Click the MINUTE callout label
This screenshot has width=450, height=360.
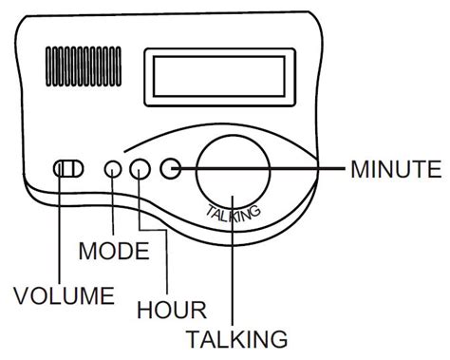[396, 170]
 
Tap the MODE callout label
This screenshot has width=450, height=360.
[114, 252]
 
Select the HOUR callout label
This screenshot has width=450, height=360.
[172, 310]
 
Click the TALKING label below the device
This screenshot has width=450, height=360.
[236, 338]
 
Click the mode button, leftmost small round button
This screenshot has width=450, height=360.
[113, 169]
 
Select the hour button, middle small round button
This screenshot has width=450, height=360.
[141, 169]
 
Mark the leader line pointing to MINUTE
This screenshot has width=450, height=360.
[285, 169]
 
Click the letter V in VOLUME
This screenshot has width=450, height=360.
[20, 294]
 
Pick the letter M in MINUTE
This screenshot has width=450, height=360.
[360, 170]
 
